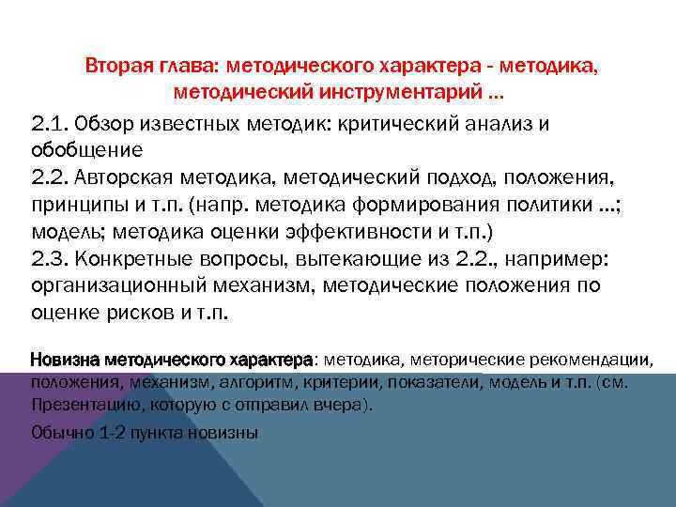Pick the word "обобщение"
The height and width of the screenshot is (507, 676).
pyautogui.click(x=86, y=149)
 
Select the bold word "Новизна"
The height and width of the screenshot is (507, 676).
pyautogui.click(x=65, y=360)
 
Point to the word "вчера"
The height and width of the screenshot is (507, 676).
pyautogui.click(x=348, y=406)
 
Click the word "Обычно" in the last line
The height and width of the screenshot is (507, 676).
pyautogui.click(x=61, y=433)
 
